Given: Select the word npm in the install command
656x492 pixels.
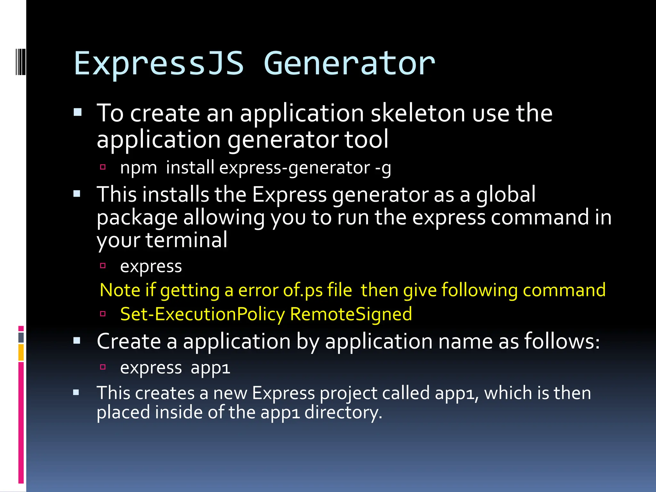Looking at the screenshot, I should [138, 168].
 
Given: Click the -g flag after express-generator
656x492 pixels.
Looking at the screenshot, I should [383, 168].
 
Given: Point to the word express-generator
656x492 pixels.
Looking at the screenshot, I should [295, 168].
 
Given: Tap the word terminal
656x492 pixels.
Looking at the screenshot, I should [186, 240].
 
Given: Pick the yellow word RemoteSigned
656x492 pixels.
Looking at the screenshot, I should [351, 314].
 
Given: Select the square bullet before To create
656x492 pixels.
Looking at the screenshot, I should [78, 112].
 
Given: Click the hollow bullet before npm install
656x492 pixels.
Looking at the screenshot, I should [103, 167].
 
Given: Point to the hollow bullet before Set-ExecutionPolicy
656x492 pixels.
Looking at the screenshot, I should [103, 314].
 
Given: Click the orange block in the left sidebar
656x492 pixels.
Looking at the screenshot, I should [21, 352].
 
